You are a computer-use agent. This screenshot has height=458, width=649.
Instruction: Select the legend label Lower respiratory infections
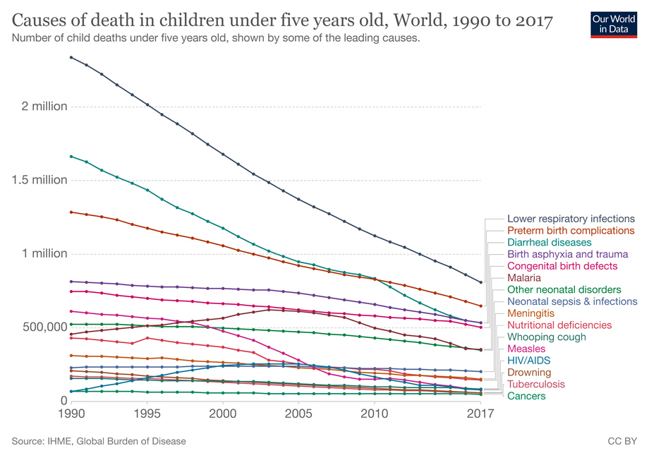[x=571, y=219]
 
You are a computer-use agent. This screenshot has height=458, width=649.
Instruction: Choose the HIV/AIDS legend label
[x=528, y=361]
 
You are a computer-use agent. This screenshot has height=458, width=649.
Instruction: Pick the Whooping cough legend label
[x=546, y=337]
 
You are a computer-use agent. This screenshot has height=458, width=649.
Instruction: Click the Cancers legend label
[x=526, y=396]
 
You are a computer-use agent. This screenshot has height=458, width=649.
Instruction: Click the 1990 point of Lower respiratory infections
[x=71, y=56]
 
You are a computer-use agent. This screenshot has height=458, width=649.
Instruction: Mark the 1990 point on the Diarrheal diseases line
[x=71, y=156]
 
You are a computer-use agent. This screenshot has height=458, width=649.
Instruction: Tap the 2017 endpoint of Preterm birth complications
[x=480, y=306]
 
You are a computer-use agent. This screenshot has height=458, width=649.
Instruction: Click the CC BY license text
[x=622, y=441]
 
